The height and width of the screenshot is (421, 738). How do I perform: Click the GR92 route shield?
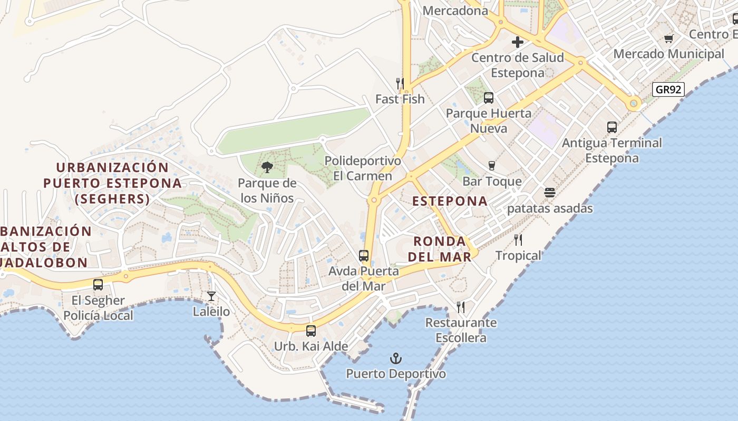[x=668, y=89]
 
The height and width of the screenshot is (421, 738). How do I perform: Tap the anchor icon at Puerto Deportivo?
[x=395, y=359]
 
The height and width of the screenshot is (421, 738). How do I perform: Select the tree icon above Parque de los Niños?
[x=267, y=168]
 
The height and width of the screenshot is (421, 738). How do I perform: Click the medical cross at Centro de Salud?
[x=518, y=42]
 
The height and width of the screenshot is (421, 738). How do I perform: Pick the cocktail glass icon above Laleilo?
[x=211, y=296]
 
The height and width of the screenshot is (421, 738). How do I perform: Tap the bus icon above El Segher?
[x=98, y=285]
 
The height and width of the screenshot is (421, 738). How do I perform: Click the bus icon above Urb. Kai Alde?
[x=311, y=331]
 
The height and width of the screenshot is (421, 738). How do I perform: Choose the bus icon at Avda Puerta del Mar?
[x=364, y=256]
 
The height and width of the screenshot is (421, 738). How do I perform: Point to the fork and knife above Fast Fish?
[x=400, y=84]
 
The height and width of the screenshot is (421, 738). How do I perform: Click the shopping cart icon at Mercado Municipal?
[x=669, y=38]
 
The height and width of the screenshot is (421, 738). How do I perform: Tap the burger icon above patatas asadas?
[x=550, y=193]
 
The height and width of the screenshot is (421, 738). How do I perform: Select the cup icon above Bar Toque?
[x=492, y=166]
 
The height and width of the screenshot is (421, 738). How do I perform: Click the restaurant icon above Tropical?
[x=518, y=240]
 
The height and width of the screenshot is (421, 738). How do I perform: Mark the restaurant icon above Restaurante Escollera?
[x=461, y=307]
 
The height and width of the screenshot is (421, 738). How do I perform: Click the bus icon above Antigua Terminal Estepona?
[x=611, y=127]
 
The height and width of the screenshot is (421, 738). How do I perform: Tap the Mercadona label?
[x=455, y=11]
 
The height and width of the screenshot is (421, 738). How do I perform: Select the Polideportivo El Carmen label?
[x=363, y=168]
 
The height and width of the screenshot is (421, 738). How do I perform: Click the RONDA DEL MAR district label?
[x=442, y=249]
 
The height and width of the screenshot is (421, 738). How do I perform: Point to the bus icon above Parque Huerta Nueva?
[x=489, y=97]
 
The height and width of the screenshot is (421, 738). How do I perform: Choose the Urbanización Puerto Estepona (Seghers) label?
[x=112, y=183]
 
